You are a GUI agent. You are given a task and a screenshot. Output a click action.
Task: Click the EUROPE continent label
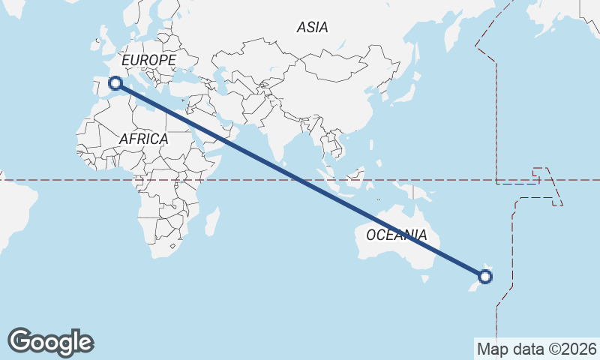tap(148, 60)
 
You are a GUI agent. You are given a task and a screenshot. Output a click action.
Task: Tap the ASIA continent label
tap(312, 28)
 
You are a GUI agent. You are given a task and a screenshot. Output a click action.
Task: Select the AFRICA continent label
tap(143, 139)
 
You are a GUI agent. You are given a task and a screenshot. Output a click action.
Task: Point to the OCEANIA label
tap(397, 235)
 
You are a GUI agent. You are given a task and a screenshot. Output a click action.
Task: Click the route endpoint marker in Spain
tap(115, 83)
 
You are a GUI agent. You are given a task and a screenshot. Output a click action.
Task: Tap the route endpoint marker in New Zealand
tap(485, 277)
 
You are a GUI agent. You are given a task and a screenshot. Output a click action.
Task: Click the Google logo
tap(50, 342)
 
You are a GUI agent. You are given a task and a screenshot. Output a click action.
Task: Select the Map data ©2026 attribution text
tap(536, 349)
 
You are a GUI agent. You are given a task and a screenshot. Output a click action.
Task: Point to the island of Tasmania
tap(425, 279)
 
